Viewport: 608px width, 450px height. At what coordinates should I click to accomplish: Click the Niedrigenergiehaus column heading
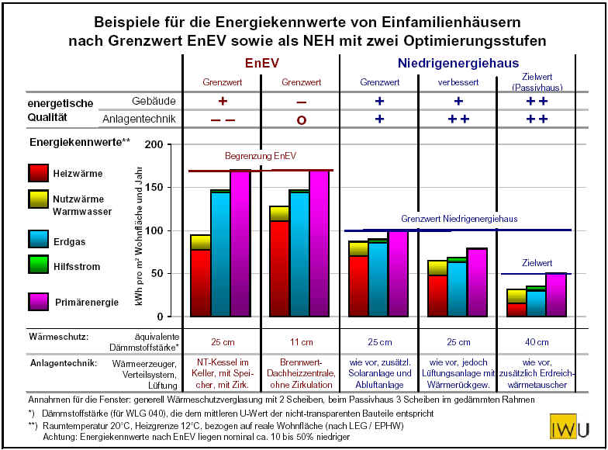click(458, 64)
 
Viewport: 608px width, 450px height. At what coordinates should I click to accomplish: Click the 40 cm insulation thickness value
click(536, 341)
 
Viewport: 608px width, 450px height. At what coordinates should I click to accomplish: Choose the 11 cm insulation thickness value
click(301, 341)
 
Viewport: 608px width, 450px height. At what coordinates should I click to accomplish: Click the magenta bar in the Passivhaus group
click(556, 295)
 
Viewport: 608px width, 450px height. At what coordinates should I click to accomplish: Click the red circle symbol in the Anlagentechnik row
click(301, 119)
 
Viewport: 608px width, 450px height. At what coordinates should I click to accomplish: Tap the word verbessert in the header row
click(458, 82)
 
